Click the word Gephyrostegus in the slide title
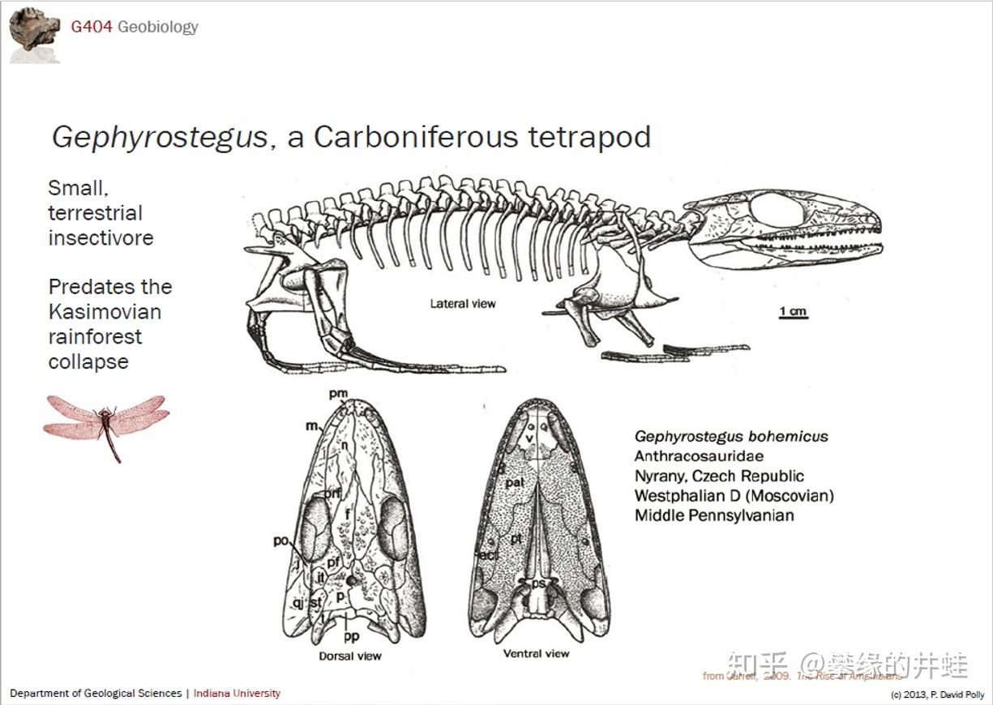[x=160, y=137]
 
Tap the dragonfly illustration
[x=106, y=421]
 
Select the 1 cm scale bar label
[x=793, y=310]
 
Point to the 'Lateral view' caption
[x=463, y=304]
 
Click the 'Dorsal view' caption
[x=349, y=656]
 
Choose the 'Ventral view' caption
[x=536, y=653]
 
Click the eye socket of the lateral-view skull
[x=776, y=209]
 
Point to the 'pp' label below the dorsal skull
[x=351, y=636]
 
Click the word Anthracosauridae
[x=699, y=456]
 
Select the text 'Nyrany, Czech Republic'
[x=719, y=476]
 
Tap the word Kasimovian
[x=105, y=312]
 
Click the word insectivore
[x=101, y=238]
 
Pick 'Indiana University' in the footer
[x=237, y=693]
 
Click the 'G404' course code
[x=91, y=27]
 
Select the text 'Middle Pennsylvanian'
[x=714, y=515]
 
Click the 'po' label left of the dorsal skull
[x=281, y=541]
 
